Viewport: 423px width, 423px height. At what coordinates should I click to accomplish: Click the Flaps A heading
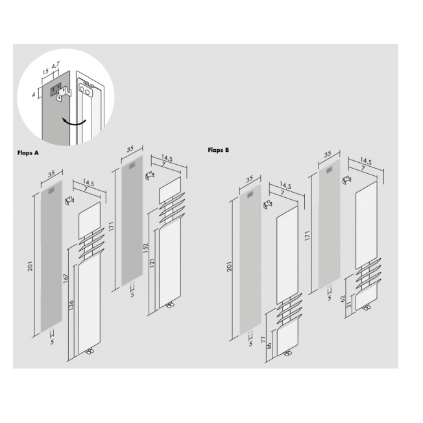pos(28,153)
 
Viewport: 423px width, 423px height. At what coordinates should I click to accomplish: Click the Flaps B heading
pos(219,150)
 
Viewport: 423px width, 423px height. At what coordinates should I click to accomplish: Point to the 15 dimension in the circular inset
pos(45,71)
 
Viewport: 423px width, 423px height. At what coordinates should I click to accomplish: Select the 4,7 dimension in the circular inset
pos(56,65)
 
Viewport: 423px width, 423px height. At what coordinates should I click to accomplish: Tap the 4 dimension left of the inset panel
pos(34,95)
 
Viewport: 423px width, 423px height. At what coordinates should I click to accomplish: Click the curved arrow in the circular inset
pos(73,121)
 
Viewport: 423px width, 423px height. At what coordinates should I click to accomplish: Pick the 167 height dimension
pos(66,278)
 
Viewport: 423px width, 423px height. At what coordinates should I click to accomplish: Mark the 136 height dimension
pos(71,306)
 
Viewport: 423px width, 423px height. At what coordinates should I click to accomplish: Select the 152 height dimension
pos(146,248)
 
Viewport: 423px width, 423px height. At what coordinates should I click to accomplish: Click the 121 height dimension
pos(152,263)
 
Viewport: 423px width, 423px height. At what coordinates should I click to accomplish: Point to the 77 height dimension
pos(263,340)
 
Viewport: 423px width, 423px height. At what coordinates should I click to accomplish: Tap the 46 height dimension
pos(269,346)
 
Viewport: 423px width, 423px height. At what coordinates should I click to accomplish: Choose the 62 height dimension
pos(343,298)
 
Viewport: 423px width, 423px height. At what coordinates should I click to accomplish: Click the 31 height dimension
pos(349,305)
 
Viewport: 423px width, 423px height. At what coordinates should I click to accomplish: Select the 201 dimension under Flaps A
pos(30,266)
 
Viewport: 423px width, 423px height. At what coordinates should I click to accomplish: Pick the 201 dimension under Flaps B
pos(229,267)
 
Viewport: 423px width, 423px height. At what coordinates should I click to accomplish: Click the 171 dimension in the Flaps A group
pos(112,226)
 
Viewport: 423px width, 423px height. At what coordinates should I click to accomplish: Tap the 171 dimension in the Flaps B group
pos(308,236)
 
